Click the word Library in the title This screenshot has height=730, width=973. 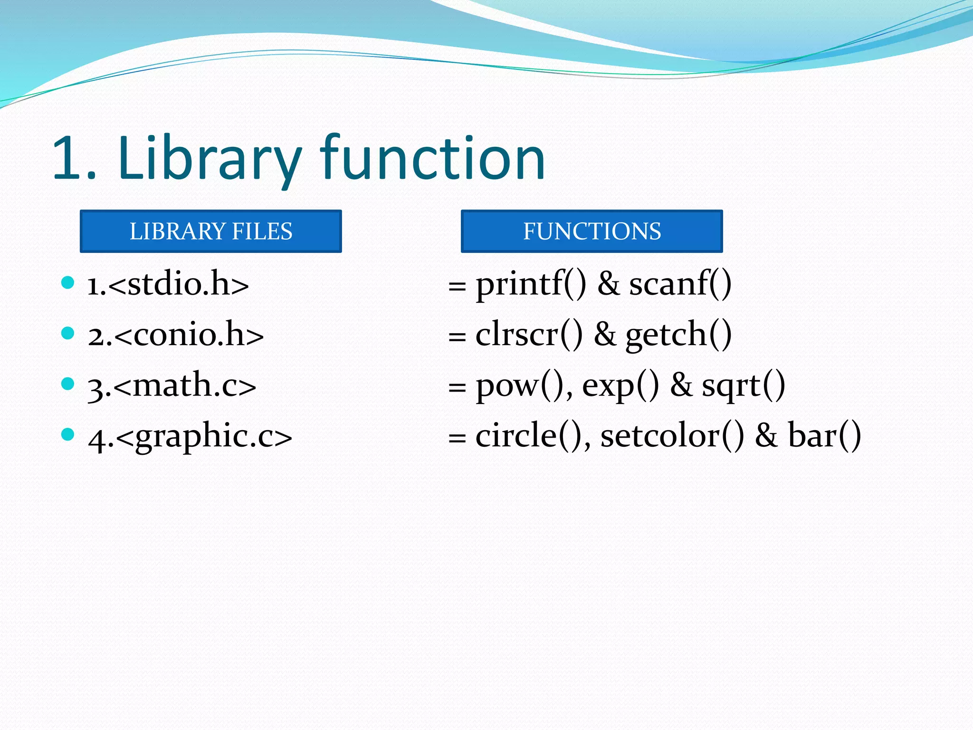point(209,159)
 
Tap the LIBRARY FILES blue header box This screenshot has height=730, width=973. point(211,231)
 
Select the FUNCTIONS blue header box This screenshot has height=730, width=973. point(591,231)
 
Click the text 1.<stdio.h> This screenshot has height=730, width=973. point(168,284)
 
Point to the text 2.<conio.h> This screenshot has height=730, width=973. point(175,335)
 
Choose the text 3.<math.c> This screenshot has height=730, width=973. point(172,385)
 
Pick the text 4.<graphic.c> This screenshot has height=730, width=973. point(190,436)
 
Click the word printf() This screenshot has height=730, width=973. point(531,284)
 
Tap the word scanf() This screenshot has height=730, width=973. point(680,284)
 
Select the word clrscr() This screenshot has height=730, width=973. point(529,335)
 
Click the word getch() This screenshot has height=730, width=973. point(678,335)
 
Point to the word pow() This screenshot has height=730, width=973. point(523,385)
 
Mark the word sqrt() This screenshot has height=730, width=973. point(744,385)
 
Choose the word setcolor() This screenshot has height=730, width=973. point(672,436)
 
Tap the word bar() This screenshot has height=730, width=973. point(824,436)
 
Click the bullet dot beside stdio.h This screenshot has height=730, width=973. point(68,283)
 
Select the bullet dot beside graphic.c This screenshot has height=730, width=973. point(68,434)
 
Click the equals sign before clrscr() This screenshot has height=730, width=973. point(457,337)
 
